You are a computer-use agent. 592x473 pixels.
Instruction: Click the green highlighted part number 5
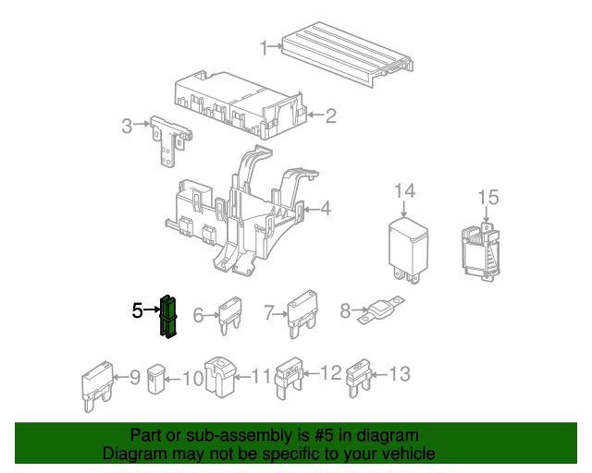168,317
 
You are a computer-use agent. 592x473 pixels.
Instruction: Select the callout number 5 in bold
138,310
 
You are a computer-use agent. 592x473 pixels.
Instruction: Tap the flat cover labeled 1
348,54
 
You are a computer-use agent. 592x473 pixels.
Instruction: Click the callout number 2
331,115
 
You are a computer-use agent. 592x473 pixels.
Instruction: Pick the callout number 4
325,208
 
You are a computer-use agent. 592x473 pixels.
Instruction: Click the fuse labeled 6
230,315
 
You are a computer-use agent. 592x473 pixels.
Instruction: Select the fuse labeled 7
302,313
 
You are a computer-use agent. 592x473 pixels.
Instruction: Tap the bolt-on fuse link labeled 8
381,310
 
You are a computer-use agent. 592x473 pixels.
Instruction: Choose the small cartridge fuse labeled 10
156,379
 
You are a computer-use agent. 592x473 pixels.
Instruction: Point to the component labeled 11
220,377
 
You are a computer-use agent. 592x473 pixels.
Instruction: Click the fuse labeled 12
290,378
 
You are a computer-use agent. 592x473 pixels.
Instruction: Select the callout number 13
400,374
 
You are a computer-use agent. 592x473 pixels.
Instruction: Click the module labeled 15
480,251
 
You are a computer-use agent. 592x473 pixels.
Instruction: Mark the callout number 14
405,191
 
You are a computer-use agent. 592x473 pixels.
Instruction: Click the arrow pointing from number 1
276,46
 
